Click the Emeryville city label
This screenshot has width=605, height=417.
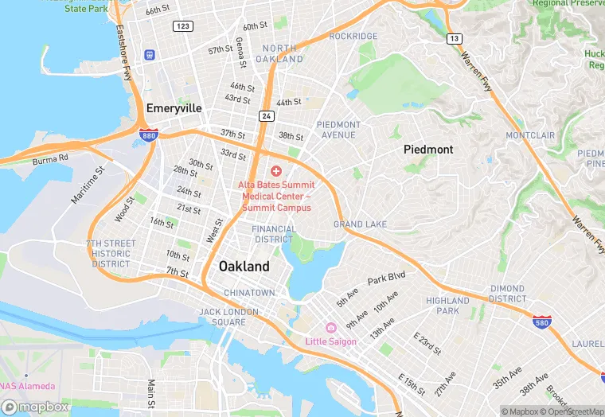[x=174, y=107]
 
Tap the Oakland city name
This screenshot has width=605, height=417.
[x=244, y=267]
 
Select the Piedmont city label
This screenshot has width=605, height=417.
[x=428, y=150]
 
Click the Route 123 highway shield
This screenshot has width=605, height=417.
[x=182, y=26]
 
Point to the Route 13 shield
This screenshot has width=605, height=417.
[x=454, y=38]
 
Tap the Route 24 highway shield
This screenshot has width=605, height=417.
[x=265, y=116]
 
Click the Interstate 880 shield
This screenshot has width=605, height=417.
[x=148, y=134]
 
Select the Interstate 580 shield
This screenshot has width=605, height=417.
[x=541, y=322]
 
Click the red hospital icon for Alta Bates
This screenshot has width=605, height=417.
[x=276, y=171]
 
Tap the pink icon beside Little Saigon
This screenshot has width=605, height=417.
[x=330, y=328]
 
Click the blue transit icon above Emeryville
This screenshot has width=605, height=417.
[x=149, y=54]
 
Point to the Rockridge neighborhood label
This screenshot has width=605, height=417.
[x=353, y=37]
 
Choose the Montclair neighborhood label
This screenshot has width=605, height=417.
[x=529, y=135]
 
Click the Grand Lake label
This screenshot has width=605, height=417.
[x=360, y=224]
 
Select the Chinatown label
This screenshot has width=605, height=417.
[x=249, y=293]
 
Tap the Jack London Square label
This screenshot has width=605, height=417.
[x=223, y=317]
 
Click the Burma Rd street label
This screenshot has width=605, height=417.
[x=51, y=160]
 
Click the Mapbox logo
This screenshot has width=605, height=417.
[x=35, y=407]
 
